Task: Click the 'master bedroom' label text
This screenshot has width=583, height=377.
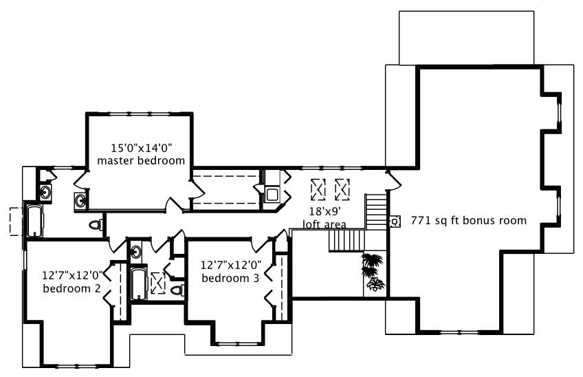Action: [141, 161]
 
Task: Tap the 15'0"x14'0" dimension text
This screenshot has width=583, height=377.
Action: [141, 147]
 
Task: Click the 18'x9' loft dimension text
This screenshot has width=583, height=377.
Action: [324, 213]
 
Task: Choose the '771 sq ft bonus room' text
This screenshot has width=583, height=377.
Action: [468, 221]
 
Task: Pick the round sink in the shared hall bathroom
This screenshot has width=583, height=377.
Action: [136, 251]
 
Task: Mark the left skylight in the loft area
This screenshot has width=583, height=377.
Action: [318, 188]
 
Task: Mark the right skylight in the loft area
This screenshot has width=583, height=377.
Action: [342, 188]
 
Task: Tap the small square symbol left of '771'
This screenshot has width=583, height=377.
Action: [395, 222]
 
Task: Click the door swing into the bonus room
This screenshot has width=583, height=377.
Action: [394, 180]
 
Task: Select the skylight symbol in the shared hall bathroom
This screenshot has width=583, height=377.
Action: [157, 283]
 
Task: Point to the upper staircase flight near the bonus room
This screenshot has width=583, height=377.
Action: [375, 211]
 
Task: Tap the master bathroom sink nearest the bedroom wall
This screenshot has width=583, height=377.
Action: [80, 201]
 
